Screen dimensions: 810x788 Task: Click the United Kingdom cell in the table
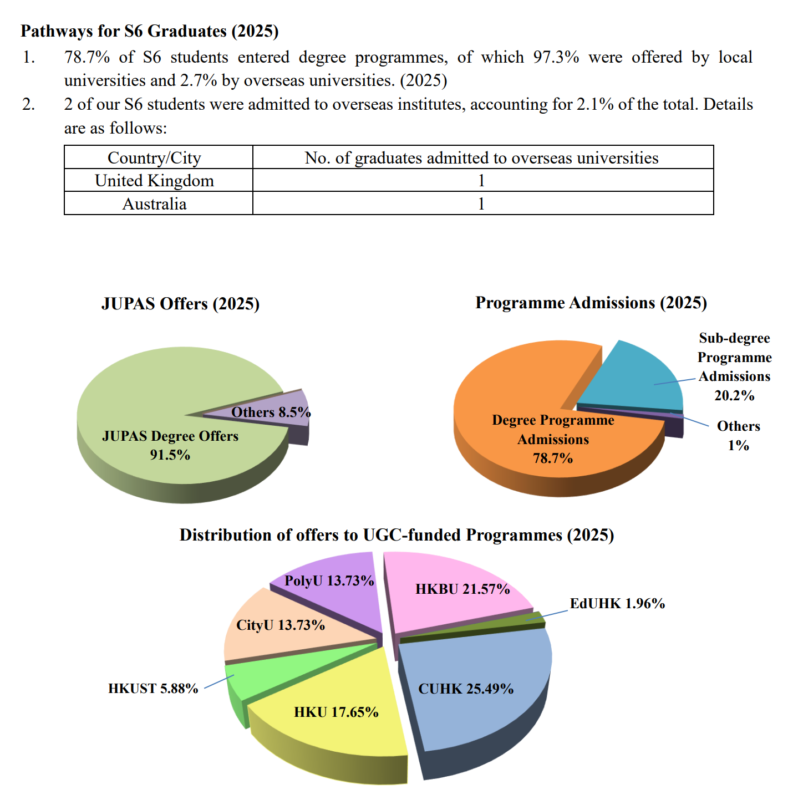point(154,181)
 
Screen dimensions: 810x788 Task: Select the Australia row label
point(154,204)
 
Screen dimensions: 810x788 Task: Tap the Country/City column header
point(154,158)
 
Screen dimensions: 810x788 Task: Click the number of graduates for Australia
point(481,204)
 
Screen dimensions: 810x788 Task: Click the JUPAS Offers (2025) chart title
point(180,304)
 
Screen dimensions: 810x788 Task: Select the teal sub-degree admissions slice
point(632,377)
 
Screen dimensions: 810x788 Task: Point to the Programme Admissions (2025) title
point(591,303)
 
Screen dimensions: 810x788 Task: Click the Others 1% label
point(738,435)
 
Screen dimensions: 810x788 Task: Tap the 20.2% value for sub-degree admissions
point(734,395)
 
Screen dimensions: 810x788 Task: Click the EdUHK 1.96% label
point(617,603)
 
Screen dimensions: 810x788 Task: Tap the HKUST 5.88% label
point(153,689)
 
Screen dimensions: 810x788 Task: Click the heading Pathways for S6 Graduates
point(150,31)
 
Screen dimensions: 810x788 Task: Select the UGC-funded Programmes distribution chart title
point(396,535)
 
